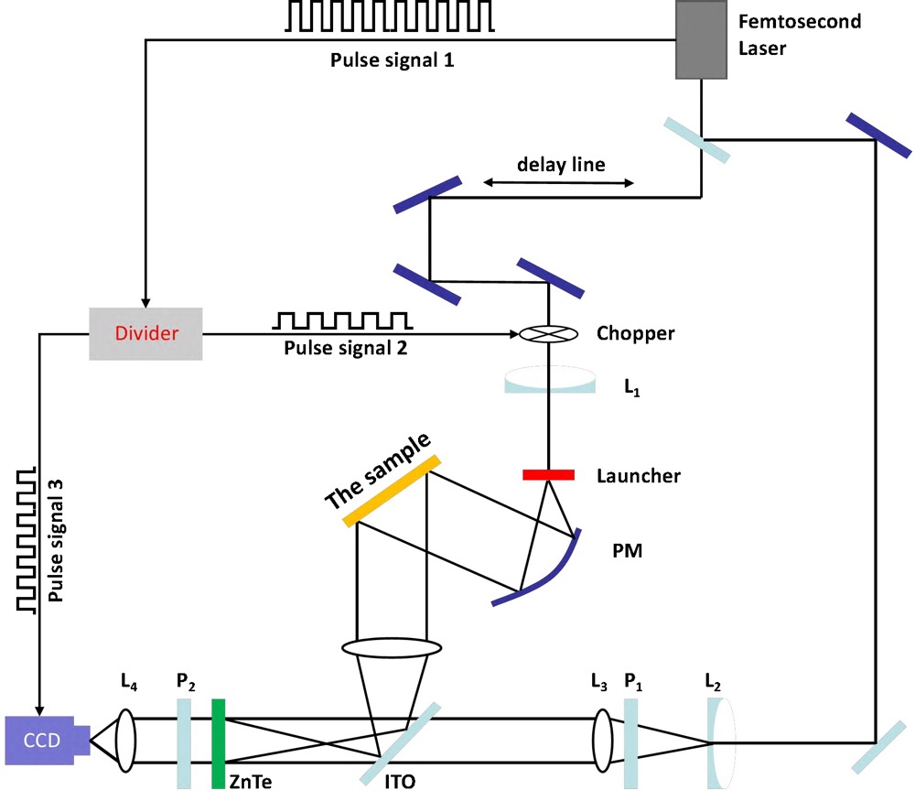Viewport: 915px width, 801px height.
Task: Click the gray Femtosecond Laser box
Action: point(703,39)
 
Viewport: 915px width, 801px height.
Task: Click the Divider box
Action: point(145,333)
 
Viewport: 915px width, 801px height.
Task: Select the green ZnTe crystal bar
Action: point(218,742)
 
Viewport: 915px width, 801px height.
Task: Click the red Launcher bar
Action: point(548,474)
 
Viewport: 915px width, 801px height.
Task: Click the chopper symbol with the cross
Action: point(547,334)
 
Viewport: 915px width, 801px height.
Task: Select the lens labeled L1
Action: point(547,382)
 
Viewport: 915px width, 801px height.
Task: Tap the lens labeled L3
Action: point(602,741)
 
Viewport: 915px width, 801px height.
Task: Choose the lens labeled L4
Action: point(125,741)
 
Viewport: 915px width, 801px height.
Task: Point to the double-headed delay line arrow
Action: point(558,183)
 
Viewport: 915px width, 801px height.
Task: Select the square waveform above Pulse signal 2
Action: point(343,319)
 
